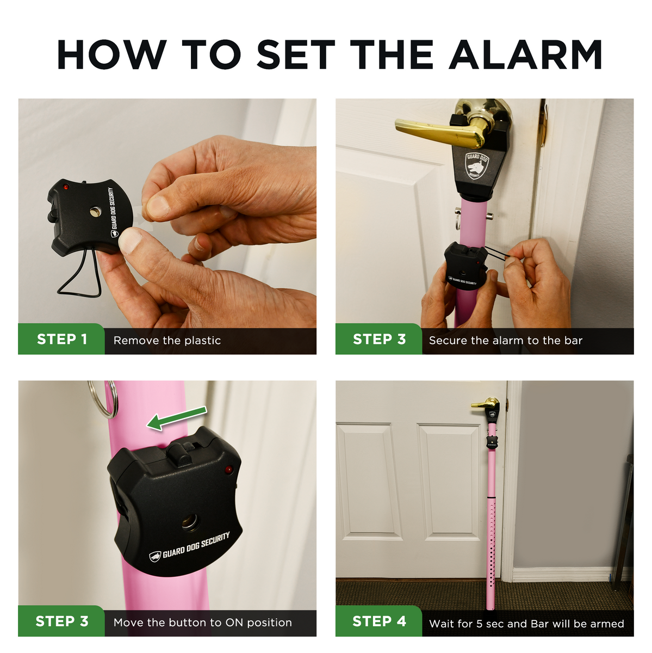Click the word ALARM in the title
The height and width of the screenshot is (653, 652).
[525, 55]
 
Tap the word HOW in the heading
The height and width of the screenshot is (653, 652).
[111, 55]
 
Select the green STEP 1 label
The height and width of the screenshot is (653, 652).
[61, 340]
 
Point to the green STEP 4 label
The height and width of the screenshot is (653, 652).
[379, 621]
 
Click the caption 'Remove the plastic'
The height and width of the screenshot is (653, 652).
[167, 341]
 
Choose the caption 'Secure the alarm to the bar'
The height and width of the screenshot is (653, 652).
[505, 341]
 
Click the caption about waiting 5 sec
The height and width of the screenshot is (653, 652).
[526, 624]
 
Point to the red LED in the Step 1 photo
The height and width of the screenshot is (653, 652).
[66, 187]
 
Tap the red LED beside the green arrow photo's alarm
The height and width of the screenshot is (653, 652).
[228, 469]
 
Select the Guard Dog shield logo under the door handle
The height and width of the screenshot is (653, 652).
[477, 165]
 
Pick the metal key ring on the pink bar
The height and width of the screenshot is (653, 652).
[104, 398]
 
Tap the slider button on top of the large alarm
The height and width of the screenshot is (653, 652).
[179, 452]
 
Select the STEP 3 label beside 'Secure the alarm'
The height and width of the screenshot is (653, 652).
[379, 340]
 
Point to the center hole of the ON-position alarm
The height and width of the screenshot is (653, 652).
[190, 522]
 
